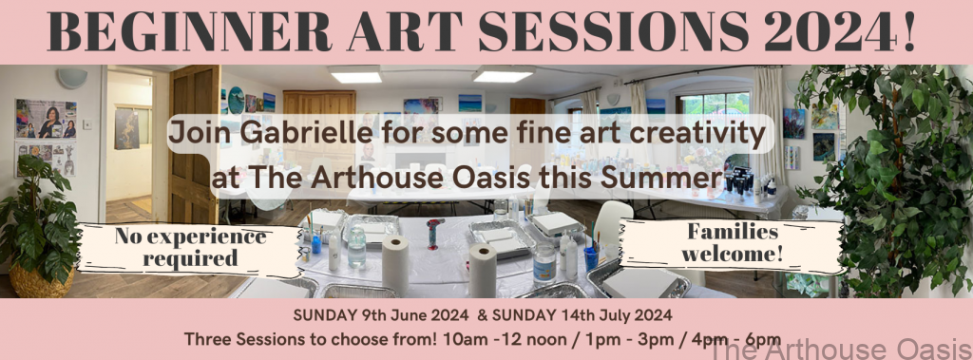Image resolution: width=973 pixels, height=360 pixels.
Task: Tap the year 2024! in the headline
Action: click(x=839, y=31)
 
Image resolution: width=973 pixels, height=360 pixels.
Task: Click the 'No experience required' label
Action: click(x=190, y=247)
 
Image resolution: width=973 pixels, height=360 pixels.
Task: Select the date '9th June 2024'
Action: click(x=414, y=315)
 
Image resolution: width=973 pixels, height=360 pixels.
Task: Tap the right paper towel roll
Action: click(x=483, y=271)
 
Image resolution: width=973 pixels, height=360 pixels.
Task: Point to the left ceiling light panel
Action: click(x=355, y=74)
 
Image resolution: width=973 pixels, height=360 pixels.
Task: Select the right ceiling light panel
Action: click(x=503, y=73)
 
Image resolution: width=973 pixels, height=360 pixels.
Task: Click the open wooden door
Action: click(x=194, y=144)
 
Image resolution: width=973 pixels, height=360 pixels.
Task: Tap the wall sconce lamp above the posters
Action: click(x=72, y=78)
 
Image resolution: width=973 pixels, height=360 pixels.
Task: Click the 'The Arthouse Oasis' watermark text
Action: click(x=840, y=349)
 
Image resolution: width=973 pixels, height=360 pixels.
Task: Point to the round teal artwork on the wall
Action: click(x=236, y=100)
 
